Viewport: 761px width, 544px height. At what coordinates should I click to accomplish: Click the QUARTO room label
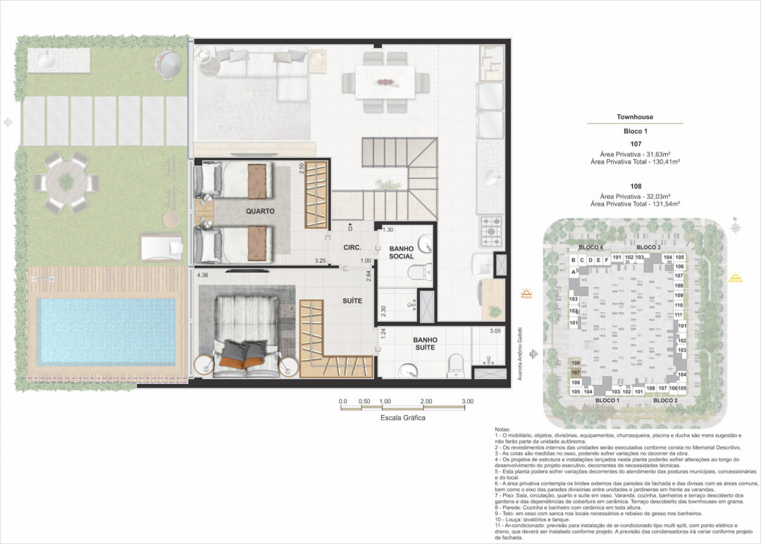[x=260, y=211]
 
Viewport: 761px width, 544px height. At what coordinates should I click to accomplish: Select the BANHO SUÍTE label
[x=424, y=343]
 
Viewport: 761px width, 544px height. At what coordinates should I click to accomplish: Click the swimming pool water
[x=106, y=330]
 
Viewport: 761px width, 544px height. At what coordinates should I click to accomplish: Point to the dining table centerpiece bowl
[x=384, y=81]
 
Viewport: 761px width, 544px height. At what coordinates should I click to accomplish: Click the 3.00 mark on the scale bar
[x=468, y=401]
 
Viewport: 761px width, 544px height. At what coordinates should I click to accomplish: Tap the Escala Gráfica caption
[x=402, y=417]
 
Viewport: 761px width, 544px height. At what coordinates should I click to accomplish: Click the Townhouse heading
[x=635, y=118]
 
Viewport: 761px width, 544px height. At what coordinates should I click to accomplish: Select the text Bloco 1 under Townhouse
[x=635, y=132]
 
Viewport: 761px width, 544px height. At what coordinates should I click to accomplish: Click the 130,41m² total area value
[x=662, y=162]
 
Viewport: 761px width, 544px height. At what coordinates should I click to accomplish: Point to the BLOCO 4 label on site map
[x=590, y=247]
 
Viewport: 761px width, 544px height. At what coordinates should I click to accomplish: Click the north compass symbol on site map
[x=735, y=227]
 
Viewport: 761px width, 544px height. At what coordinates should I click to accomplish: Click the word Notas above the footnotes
[x=505, y=428]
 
